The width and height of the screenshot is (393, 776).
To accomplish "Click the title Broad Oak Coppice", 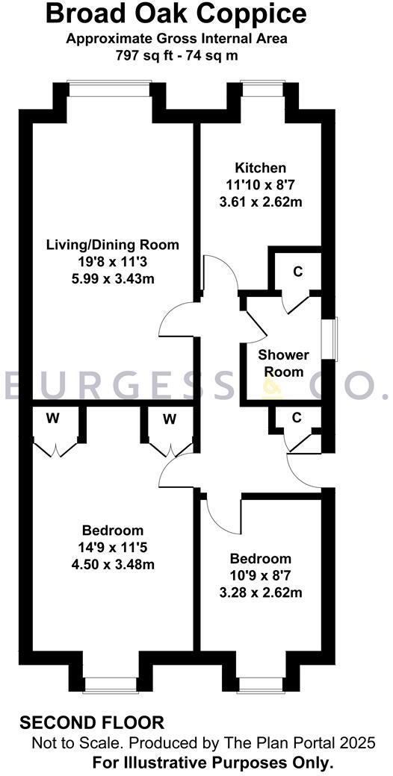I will [x=176, y=13].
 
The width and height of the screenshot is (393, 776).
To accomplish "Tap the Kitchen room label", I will [x=260, y=168].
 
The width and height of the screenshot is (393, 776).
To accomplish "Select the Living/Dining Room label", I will [x=113, y=245].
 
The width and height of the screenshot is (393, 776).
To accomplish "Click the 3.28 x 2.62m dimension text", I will [x=260, y=593].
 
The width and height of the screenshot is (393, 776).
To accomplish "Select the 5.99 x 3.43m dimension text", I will [x=113, y=278].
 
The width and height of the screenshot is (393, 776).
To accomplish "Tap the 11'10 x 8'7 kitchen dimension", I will [x=260, y=185].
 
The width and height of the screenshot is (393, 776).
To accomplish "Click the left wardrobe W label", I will [x=52, y=419].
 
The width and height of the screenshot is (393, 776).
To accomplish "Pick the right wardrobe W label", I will [x=170, y=419].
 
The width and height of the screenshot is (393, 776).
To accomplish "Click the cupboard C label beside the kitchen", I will [x=297, y=272].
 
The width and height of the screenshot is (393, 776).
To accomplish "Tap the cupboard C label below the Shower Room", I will [x=297, y=418].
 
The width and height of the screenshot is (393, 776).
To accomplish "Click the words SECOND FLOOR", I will [x=92, y=722].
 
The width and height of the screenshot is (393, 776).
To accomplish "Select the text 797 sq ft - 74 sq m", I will [x=176, y=55].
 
